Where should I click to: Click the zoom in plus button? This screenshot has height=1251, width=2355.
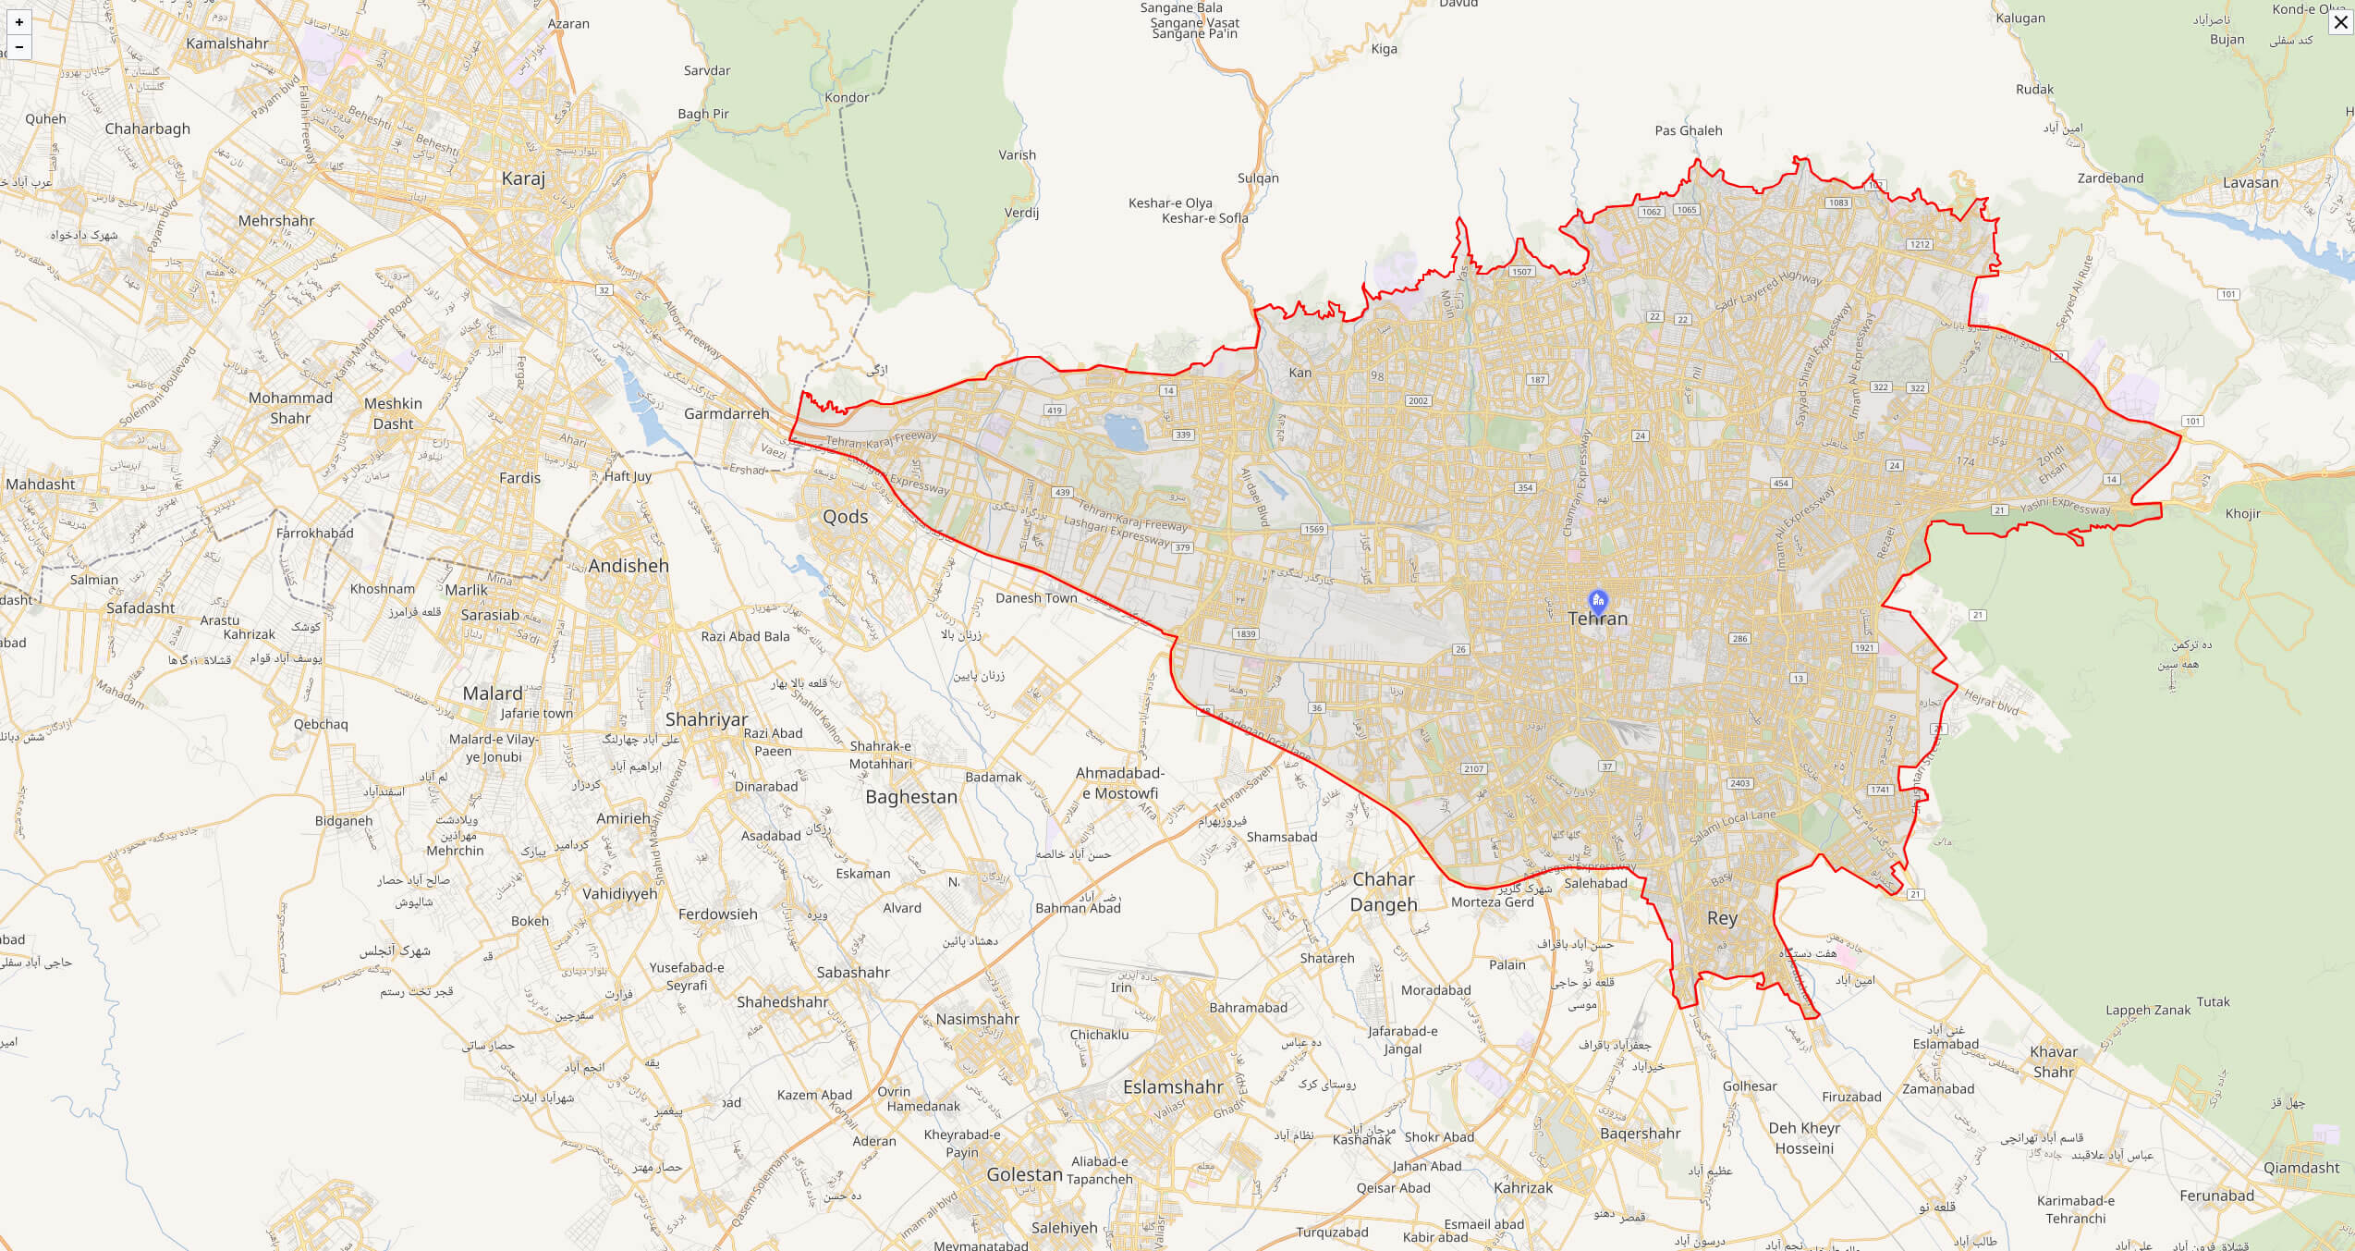coord(19,22)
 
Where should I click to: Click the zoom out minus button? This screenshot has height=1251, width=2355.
coord(19,46)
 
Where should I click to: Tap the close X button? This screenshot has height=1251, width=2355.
coord(2340,21)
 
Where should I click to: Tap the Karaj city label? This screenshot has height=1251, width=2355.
coord(523,178)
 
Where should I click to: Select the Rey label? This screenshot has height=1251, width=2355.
coord(1722,918)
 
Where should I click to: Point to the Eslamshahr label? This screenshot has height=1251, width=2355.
coord(1173,1086)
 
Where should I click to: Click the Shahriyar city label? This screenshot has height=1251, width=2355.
coord(706,719)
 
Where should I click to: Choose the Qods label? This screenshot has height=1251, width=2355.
coord(845,517)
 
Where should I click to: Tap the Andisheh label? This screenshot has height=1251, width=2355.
coord(628,566)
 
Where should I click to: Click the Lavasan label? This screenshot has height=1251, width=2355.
coord(2251,182)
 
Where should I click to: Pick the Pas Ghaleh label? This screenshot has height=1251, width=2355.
coord(1688,130)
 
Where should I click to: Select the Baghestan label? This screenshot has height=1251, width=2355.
coord(911,797)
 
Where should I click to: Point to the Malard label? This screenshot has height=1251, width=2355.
coord(493,693)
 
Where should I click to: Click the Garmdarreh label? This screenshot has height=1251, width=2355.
coord(726,413)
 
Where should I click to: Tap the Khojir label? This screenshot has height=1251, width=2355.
coord(2242,513)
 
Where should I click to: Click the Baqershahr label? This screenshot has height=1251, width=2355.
coord(1640,1134)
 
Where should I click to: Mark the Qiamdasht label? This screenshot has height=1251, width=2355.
coord(2301,1168)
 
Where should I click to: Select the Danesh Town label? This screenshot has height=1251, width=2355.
coord(1036,598)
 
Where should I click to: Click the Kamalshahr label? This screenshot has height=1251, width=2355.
coord(227,43)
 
